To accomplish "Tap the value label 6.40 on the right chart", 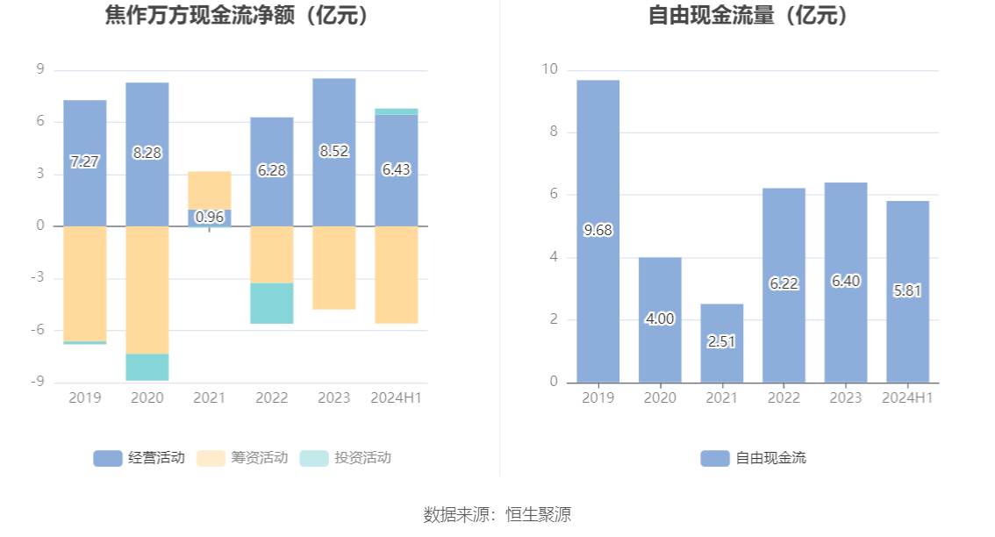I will click(846, 282).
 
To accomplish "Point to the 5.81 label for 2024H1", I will click(907, 290).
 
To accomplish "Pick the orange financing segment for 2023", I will click(333, 268).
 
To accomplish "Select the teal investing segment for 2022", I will click(271, 304).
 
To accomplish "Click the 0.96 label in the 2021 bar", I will click(209, 217).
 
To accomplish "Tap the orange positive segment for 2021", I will click(209, 190).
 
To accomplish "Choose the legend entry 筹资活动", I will click(242, 457).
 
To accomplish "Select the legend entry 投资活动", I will click(345, 457).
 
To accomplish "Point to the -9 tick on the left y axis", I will click(39, 382).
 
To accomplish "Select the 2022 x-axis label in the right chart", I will click(783, 397).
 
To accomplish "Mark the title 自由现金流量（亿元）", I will click(748, 15).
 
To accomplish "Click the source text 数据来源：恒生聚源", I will click(497, 514).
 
